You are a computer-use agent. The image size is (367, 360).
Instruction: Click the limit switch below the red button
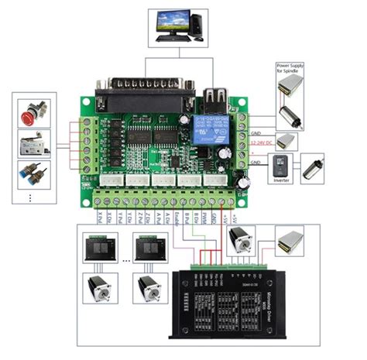tap(33, 142)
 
